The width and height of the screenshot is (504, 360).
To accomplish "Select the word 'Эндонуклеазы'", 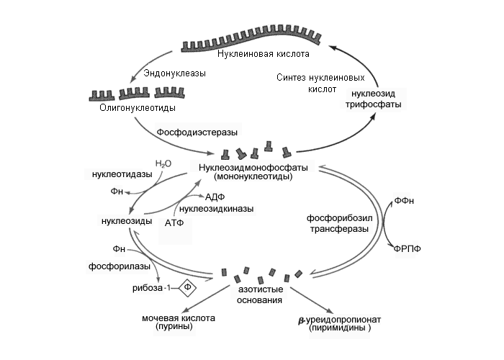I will coord(175,73).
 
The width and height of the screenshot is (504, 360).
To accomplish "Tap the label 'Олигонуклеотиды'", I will coord(137,107).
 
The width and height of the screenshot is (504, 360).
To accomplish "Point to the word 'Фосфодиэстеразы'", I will coord(197,132).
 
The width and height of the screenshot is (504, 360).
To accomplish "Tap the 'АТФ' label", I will coord(176,222).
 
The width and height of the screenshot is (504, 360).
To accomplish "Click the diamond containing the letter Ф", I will coord(189,287).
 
